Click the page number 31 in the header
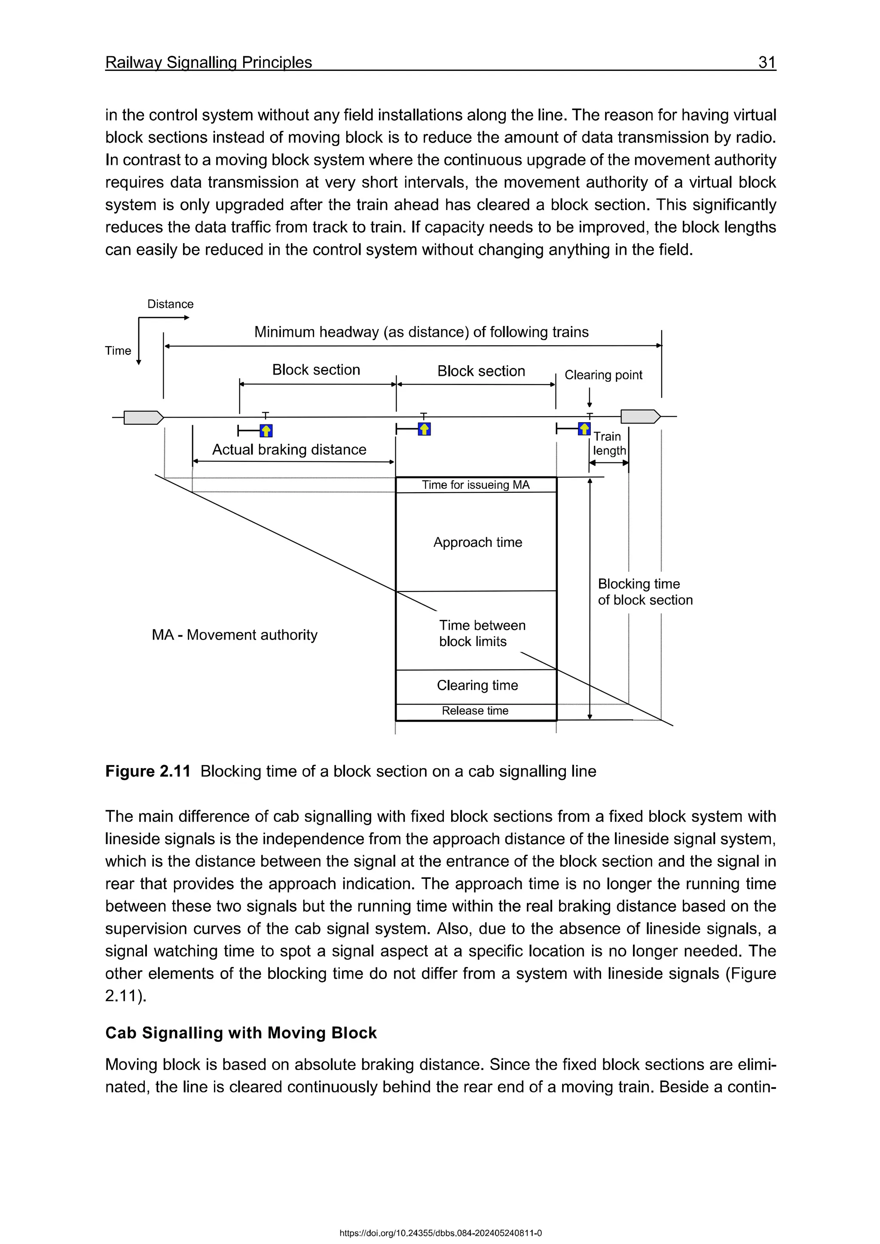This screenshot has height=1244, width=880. tap(766, 62)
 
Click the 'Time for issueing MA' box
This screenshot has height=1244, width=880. tap(475, 485)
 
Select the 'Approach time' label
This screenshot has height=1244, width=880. tap(477, 543)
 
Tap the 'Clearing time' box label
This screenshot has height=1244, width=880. tap(477, 686)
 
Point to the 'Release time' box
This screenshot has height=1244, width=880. tap(475, 711)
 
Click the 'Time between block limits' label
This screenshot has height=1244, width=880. tap(482, 633)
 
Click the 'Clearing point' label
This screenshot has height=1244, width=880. tap(603, 375)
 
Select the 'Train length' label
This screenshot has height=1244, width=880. tap(608, 444)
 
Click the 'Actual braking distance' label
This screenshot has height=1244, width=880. tap(289, 450)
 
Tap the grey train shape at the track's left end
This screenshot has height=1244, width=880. tap(143, 417)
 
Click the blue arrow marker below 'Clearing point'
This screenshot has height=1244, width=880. tap(584, 429)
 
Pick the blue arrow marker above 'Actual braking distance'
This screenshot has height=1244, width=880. tap(266, 431)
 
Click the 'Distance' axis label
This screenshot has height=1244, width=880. tap(170, 304)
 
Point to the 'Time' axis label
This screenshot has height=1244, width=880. tap(118, 351)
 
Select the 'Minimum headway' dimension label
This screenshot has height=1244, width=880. tap(421, 332)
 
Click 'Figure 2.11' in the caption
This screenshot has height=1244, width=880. tap(147, 771)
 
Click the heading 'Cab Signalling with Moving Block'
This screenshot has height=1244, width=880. tap(241, 1033)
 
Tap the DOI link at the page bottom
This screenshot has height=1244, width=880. tap(440, 1233)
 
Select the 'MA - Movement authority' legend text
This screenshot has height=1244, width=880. tap(234, 635)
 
